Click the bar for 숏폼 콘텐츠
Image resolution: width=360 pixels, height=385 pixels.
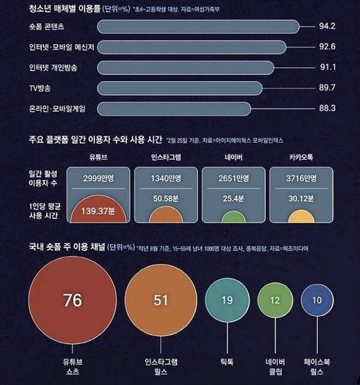[197, 27]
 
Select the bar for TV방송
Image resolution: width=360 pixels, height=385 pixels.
[179, 88]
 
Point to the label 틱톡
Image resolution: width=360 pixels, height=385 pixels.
[227, 363]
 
